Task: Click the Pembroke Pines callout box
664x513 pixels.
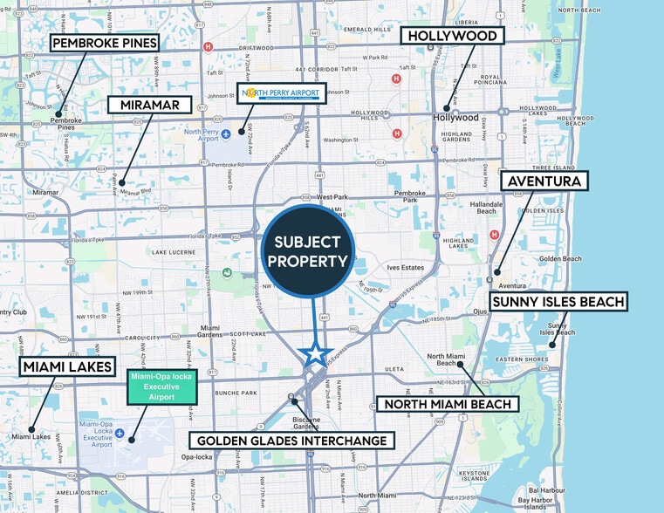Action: (104, 43)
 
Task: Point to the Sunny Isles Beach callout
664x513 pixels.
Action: (558, 302)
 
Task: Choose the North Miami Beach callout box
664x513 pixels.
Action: (448, 404)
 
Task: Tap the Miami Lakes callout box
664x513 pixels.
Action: (67, 366)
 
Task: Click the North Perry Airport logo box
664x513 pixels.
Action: (282, 92)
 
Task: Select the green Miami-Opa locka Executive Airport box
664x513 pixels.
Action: (161, 386)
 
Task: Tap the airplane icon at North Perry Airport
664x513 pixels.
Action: (226, 133)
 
